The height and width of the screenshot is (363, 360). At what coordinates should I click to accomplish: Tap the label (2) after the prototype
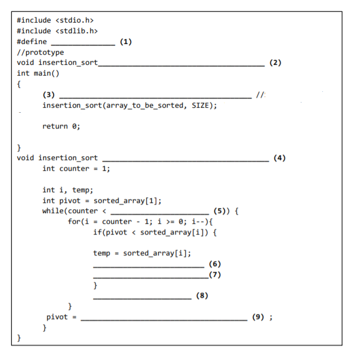(x=275, y=62)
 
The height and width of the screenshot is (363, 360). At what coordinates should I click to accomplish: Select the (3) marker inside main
(x=49, y=94)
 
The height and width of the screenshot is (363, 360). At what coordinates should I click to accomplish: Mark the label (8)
(x=201, y=295)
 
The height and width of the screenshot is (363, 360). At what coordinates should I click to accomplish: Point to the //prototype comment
(x=41, y=52)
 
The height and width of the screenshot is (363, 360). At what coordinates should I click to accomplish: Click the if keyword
(x=98, y=232)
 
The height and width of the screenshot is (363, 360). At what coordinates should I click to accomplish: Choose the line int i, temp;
(x=68, y=189)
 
